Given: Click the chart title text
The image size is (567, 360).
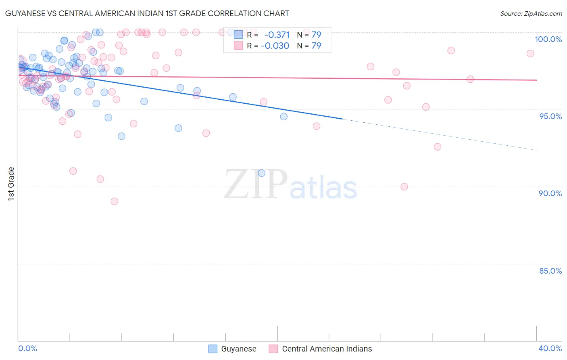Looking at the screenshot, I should [x=147, y=13].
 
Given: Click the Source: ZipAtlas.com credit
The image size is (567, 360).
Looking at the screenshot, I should [x=531, y=13].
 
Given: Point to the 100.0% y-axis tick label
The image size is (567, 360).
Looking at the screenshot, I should [x=548, y=39].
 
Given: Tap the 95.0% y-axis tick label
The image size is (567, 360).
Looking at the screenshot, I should [x=550, y=116].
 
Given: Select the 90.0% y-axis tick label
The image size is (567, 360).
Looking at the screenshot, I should [x=550, y=193].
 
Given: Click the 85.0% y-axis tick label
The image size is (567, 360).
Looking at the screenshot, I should [x=550, y=271].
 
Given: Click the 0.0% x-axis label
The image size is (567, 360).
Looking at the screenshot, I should [x=27, y=348].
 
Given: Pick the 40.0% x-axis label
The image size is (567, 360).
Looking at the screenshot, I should [x=550, y=348].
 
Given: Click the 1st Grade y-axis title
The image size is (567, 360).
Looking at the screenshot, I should [x=11, y=184].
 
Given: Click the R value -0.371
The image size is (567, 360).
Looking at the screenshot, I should [x=277, y=35].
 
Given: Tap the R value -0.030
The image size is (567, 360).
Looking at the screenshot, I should [x=275, y=46].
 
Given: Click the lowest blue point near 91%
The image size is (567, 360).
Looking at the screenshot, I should [x=261, y=173].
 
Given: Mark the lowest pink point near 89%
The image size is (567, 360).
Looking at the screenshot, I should [x=115, y=201].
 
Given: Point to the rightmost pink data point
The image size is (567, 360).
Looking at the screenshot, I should [x=530, y=54].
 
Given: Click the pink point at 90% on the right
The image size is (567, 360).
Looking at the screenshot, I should [x=404, y=186].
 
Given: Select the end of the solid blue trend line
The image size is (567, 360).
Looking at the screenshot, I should [x=342, y=119].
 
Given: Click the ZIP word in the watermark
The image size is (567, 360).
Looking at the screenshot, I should [x=256, y=184].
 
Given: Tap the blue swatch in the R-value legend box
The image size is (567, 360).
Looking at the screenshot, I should [x=238, y=35].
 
